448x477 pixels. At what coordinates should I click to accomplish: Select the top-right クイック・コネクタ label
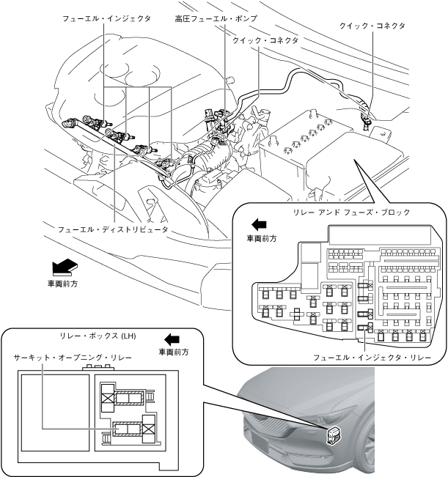[371, 26]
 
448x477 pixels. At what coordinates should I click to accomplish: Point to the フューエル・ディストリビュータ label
[114, 229]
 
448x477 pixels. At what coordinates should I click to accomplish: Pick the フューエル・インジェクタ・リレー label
[372, 358]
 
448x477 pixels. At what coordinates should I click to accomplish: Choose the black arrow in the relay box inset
[172, 339]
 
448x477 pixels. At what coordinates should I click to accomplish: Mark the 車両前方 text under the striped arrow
[62, 283]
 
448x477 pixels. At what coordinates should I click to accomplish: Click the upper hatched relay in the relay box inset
[130, 398]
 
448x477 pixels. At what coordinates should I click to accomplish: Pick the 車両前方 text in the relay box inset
[174, 352]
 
